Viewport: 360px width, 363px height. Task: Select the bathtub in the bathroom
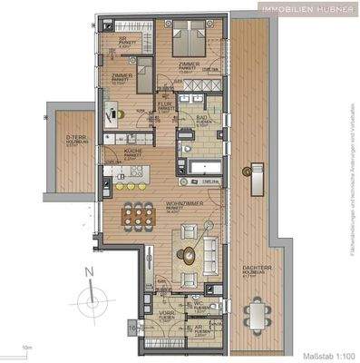[202, 165]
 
